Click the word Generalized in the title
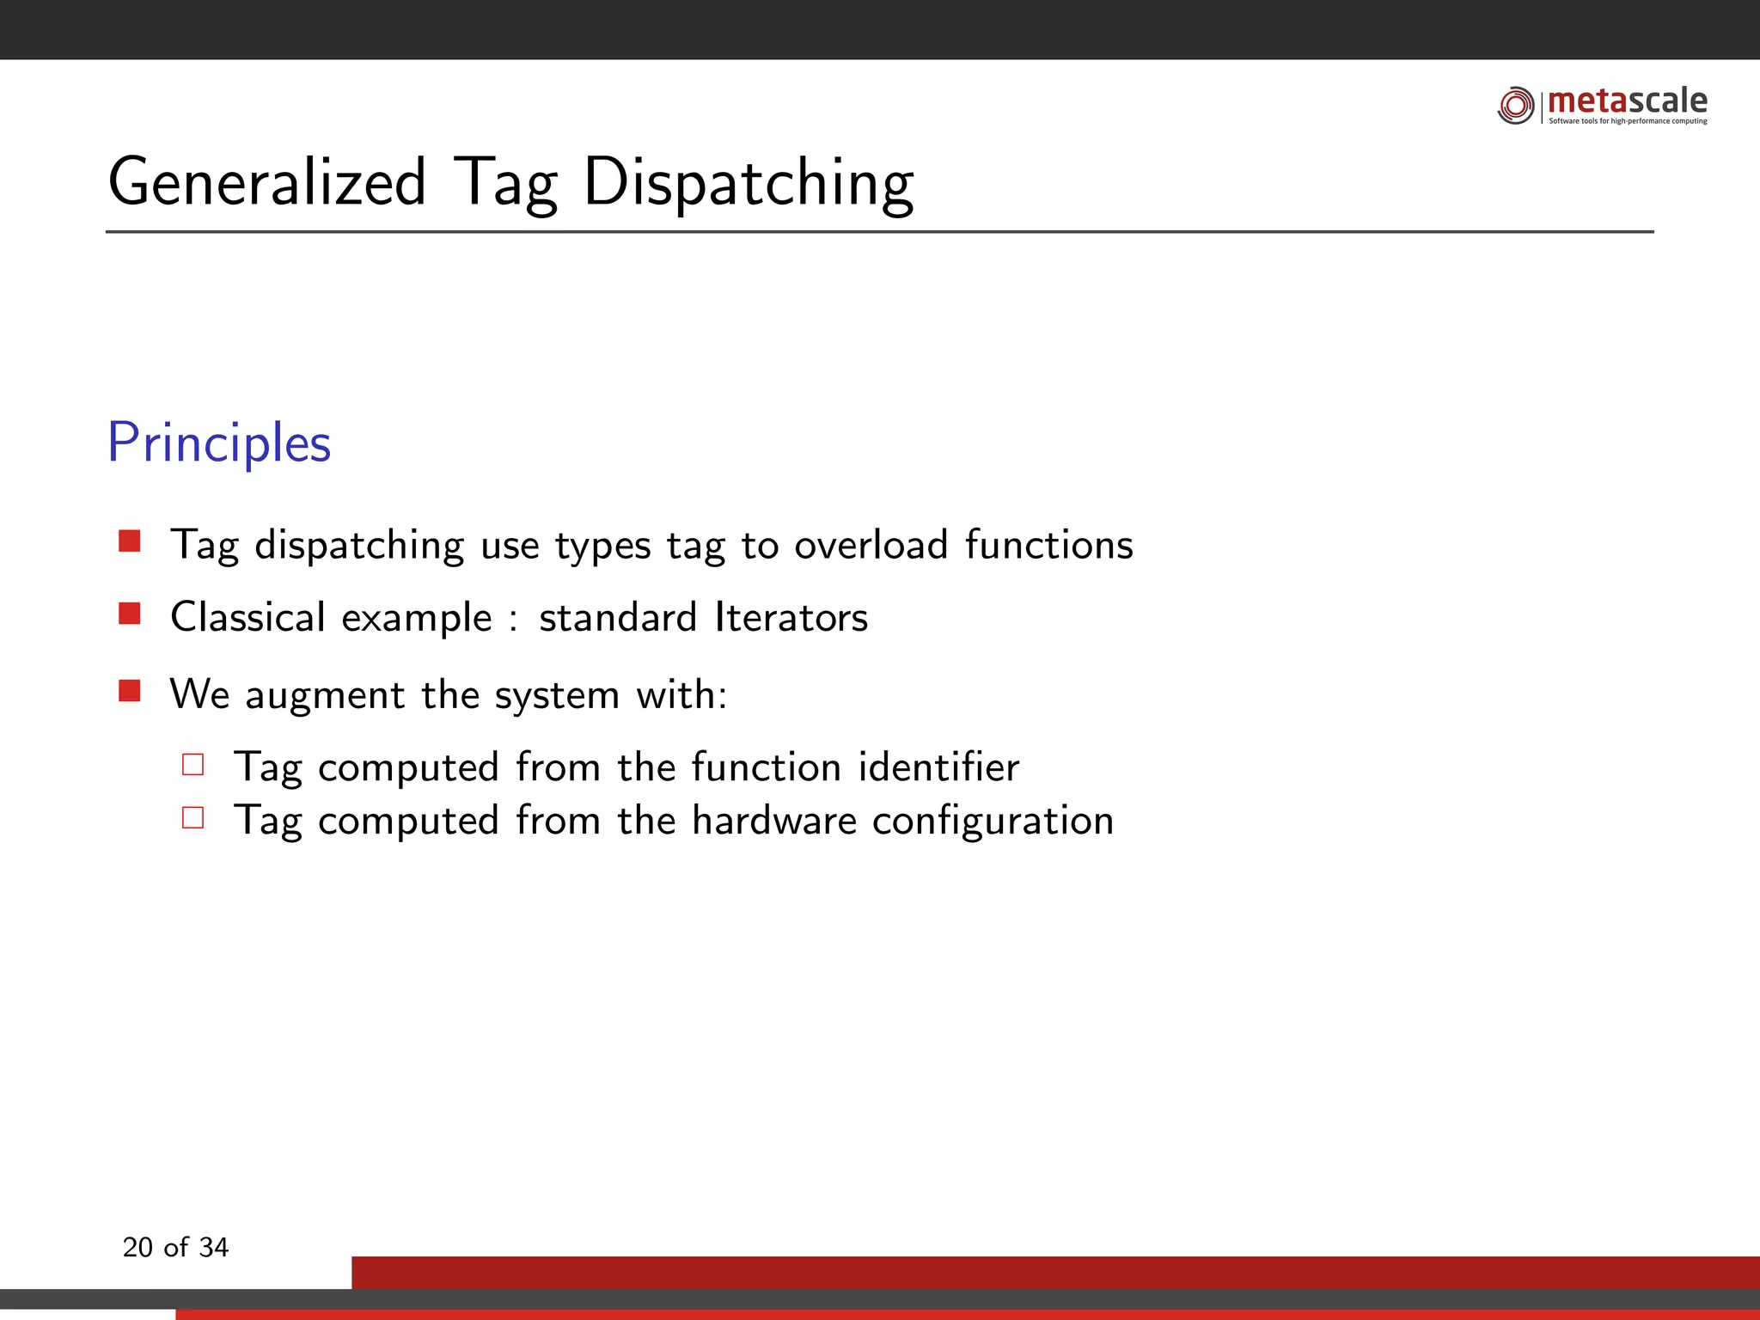(266, 183)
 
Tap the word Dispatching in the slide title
(749, 183)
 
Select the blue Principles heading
(219, 443)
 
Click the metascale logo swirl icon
(1516, 105)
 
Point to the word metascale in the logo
(1627, 101)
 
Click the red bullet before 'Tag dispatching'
(130, 541)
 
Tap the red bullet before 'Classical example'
(130, 613)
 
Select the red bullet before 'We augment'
(130, 690)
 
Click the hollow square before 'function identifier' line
(193, 764)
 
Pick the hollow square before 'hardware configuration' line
(193, 817)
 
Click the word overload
(871, 545)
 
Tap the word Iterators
(791, 617)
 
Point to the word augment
(325, 695)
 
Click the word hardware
(773, 820)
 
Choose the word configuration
(993, 822)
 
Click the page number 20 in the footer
(137, 1247)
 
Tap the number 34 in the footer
(213, 1247)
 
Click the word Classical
(247, 617)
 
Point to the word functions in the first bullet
(1048, 545)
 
